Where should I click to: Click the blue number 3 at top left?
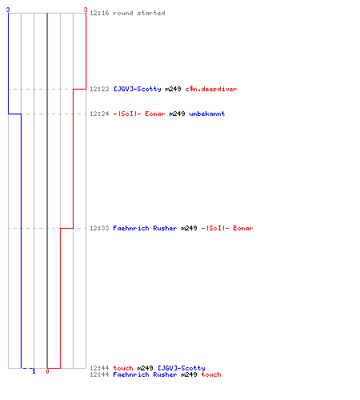pyautogui.click(x=8, y=10)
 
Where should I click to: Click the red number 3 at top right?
pyautogui.click(x=86, y=10)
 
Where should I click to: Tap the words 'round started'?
pyautogui.click(x=139, y=13)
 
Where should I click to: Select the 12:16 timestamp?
pyautogui.click(x=99, y=13)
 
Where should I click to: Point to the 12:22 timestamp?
pyautogui.click(x=99, y=89)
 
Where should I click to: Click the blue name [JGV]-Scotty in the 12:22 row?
pyautogui.click(x=138, y=89)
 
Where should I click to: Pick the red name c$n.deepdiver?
pyautogui.click(x=211, y=89)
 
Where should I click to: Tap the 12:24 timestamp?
pyautogui.click(x=99, y=114)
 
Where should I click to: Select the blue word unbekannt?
pyautogui.click(x=207, y=114)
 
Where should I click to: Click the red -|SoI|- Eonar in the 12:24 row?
pyautogui.click(x=139, y=114)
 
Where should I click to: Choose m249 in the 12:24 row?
pyautogui.click(x=177, y=114)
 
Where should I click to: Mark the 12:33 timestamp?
pyautogui.click(x=99, y=228)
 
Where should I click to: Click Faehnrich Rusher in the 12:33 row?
pyautogui.click(x=145, y=228)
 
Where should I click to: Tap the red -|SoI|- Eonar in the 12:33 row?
pyautogui.click(x=227, y=228)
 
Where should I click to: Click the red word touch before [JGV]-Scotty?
pyautogui.click(x=123, y=368)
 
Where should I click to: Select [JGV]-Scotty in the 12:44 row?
pyautogui.click(x=182, y=368)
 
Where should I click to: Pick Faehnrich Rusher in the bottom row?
pyautogui.click(x=145, y=374)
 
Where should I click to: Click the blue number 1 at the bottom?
pyautogui.click(x=34, y=371)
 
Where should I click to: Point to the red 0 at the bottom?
pyautogui.click(x=47, y=371)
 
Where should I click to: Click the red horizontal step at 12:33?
pyautogui.click(x=66, y=228)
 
